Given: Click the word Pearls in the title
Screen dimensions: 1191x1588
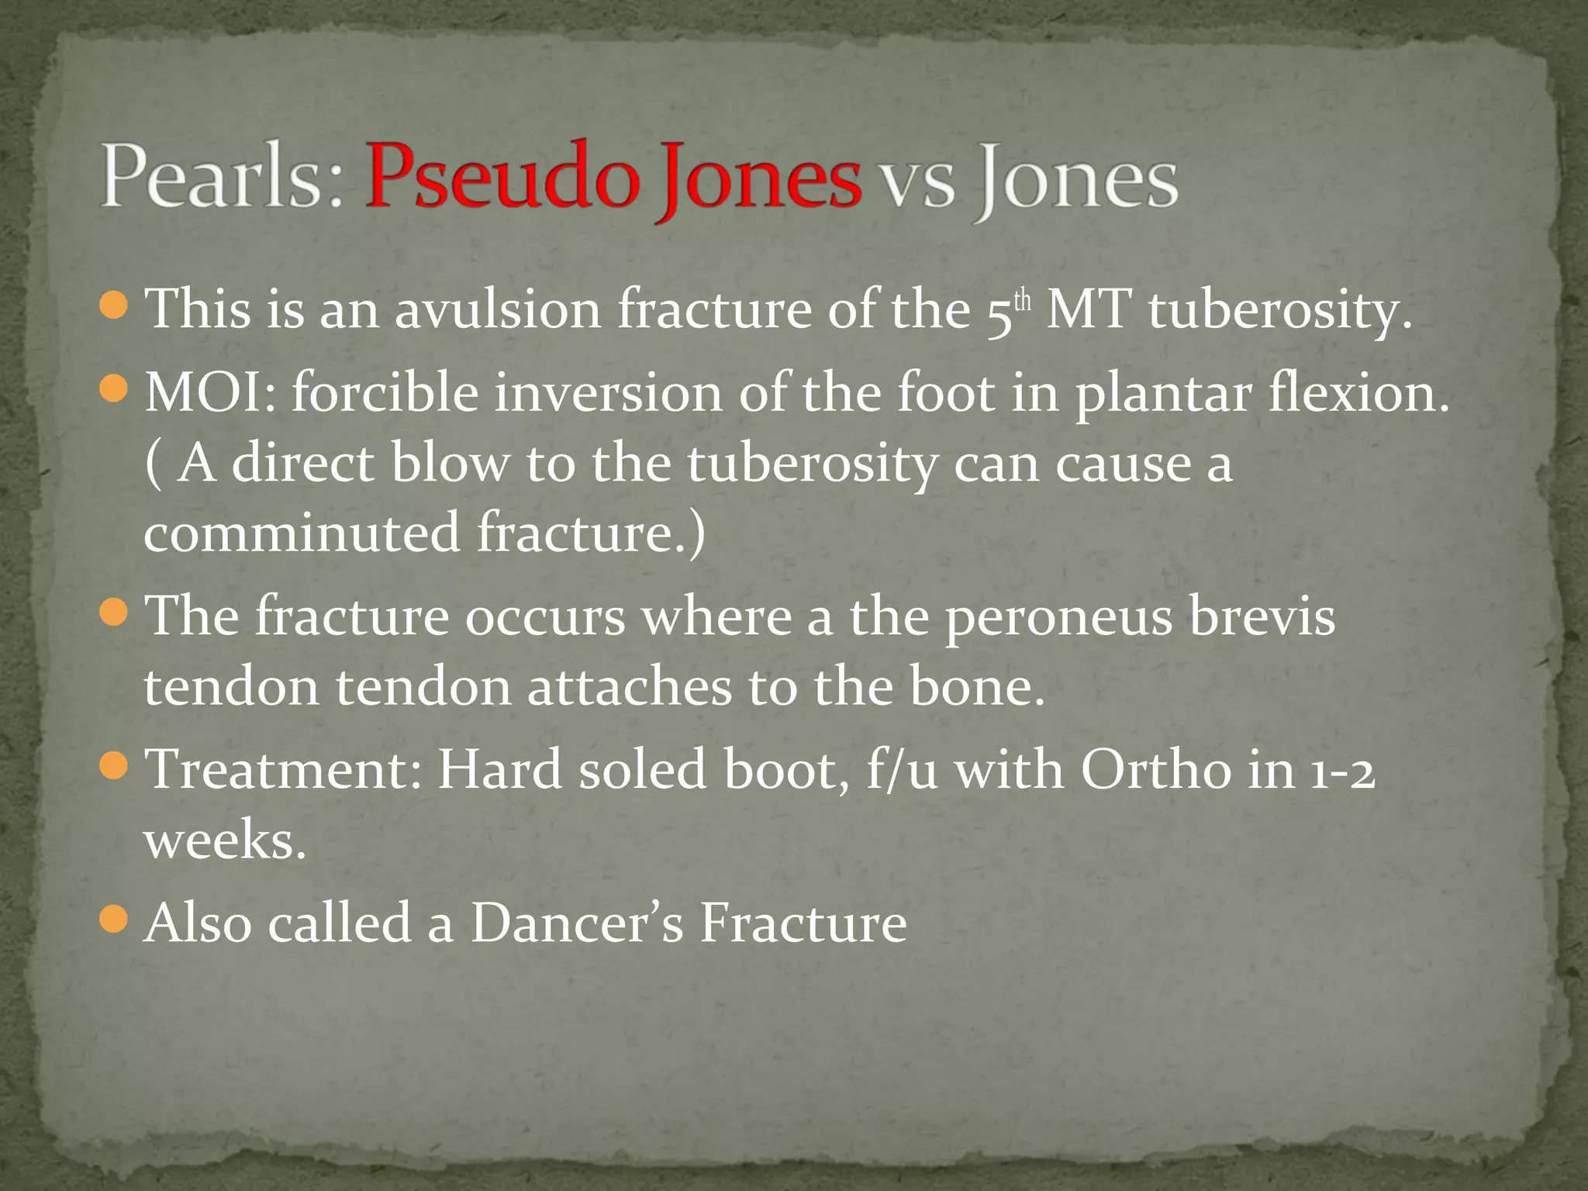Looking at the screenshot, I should coord(221,177).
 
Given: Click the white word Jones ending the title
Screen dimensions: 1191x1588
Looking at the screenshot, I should coord(1078,180).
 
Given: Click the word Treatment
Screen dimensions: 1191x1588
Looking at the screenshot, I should coord(283,770).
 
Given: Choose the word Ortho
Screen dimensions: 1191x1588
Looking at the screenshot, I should coord(1155,770).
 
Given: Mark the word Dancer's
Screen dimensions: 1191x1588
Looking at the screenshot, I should coord(578,923).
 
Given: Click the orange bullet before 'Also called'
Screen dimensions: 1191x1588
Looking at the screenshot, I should coord(114,920).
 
